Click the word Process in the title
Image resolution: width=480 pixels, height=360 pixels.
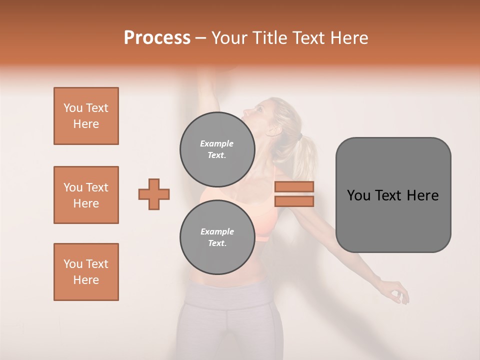(x=157, y=38)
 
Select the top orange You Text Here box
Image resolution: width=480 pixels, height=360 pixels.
(x=86, y=116)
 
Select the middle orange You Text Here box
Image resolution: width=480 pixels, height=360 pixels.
(x=86, y=195)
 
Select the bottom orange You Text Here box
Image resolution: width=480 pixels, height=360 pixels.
(x=86, y=272)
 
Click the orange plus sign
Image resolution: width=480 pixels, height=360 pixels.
(x=154, y=194)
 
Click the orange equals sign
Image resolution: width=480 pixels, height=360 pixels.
(x=294, y=194)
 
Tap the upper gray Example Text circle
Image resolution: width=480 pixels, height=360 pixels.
(x=217, y=149)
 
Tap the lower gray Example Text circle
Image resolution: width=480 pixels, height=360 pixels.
(x=217, y=237)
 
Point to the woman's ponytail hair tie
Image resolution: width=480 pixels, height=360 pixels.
(x=298, y=136)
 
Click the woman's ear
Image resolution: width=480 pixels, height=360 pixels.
(x=272, y=130)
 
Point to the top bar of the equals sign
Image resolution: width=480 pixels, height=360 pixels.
(x=294, y=187)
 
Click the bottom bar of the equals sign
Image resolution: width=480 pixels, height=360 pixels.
(x=294, y=201)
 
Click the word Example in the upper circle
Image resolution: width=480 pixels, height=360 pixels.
(x=217, y=143)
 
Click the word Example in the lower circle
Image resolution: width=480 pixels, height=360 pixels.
(x=217, y=231)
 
